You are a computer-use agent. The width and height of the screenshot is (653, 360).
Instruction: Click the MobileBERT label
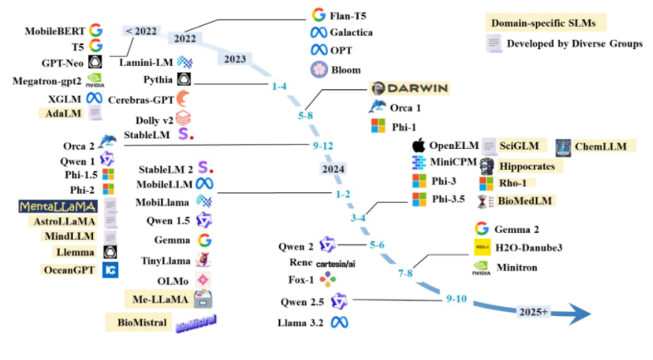coord(55,30)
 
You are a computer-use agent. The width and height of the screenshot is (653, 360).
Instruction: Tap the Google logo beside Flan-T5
coord(319,14)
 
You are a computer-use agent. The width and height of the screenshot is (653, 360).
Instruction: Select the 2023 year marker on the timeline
coord(235,59)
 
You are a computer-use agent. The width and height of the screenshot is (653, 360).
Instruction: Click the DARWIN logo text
coord(409,89)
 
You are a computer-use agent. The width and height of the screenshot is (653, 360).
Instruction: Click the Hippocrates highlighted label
coord(527,166)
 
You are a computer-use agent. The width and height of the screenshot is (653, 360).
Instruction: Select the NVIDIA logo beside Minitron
coord(481,267)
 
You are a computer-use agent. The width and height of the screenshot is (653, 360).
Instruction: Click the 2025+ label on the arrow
coord(534,312)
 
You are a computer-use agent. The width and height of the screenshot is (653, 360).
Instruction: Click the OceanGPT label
coord(68,270)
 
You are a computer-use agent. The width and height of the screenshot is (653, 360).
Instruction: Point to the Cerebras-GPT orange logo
coord(182,99)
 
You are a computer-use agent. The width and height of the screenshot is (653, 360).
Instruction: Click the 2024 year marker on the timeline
coord(333,169)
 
